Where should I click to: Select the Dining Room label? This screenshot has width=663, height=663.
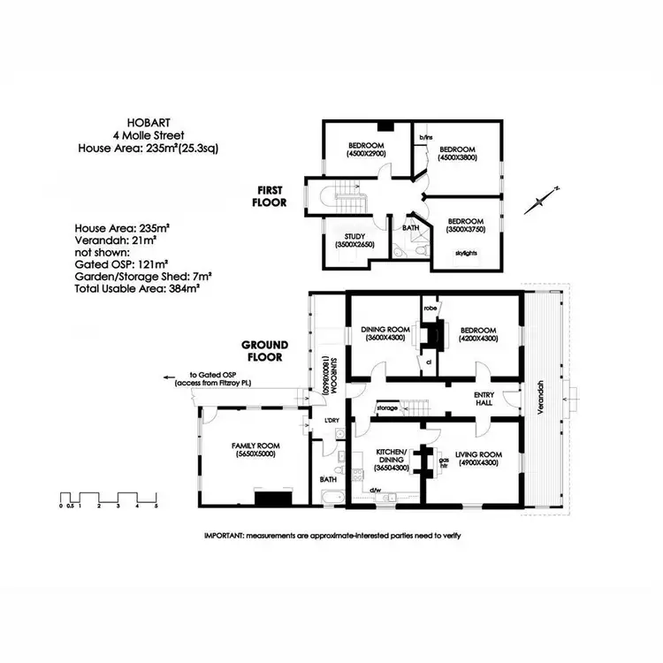383,333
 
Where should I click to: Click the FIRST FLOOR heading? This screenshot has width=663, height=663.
272,196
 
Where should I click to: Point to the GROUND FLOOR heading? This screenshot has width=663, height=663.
264,351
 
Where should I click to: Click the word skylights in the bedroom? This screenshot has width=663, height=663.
466,253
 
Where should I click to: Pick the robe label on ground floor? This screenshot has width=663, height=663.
431,309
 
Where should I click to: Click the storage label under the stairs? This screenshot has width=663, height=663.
387,408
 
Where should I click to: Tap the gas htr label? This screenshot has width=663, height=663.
445,462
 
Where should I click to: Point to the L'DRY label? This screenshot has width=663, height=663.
332,418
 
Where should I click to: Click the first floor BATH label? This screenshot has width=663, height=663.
410,228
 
